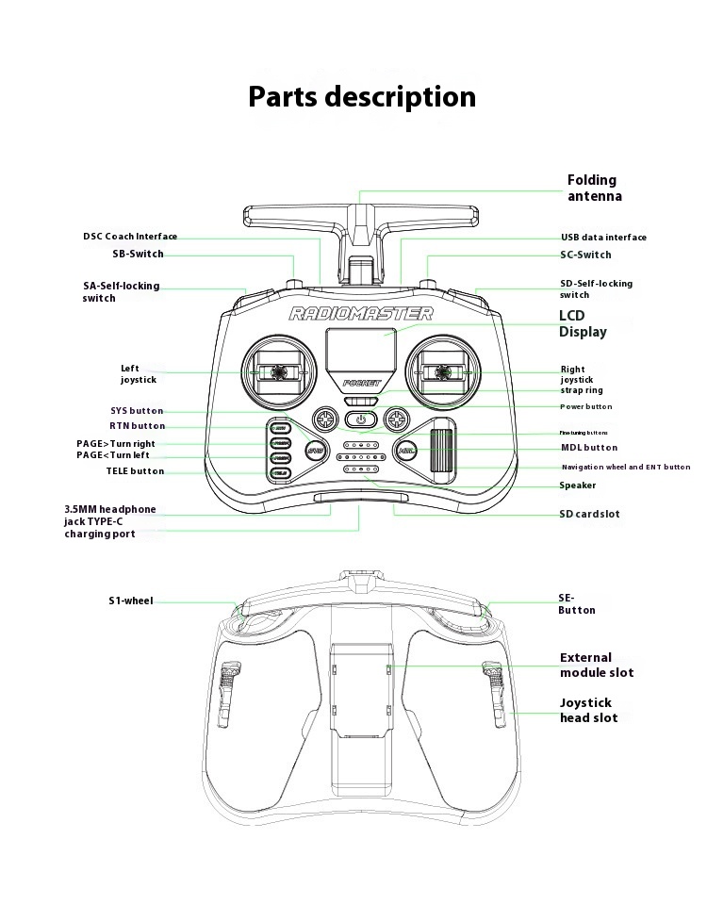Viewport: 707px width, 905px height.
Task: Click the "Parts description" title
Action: pyautogui.click(x=362, y=97)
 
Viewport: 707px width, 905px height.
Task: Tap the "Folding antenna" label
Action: pyautogui.click(x=594, y=188)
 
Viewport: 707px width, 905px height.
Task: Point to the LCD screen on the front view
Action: pyautogui.click(x=361, y=351)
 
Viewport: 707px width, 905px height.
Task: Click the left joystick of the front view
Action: pyautogui.click(x=278, y=373)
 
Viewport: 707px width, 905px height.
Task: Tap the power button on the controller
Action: pyautogui.click(x=361, y=419)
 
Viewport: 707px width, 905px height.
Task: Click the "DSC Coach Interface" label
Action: pyautogui.click(x=130, y=237)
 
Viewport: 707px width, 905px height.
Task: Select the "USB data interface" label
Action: pyautogui.click(x=603, y=238)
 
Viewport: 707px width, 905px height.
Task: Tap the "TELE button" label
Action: pyautogui.click(x=135, y=471)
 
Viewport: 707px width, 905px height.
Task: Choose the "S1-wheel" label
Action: pyautogui.click(x=130, y=601)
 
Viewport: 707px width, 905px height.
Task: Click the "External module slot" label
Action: pyautogui.click(x=597, y=666)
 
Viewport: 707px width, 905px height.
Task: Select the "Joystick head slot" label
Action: pyautogui.click(x=588, y=710)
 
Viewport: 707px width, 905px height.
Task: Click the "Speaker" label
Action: pyautogui.click(x=577, y=485)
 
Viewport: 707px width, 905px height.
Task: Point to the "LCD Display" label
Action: pyautogui.click(x=583, y=323)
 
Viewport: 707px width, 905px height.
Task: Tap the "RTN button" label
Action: pyautogui.click(x=137, y=426)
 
